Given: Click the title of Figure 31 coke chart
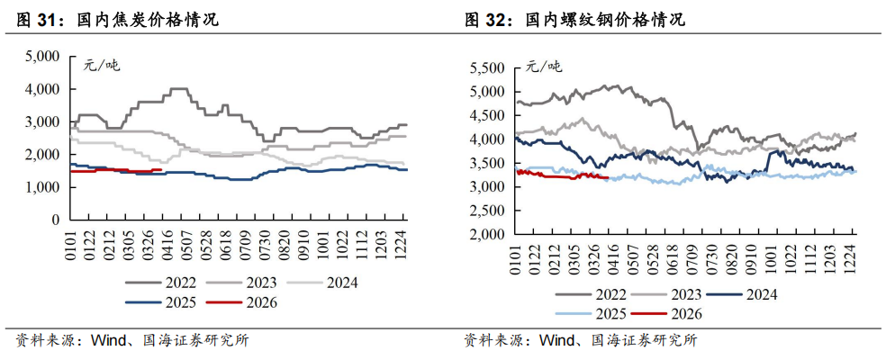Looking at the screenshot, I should (x=118, y=19).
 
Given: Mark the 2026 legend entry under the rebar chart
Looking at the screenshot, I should (x=683, y=313).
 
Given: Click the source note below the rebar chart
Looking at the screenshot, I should (x=580, y=341).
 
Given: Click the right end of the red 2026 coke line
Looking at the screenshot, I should (x=160, y=169).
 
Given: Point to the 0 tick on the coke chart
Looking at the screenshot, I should (x=56, y=220).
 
